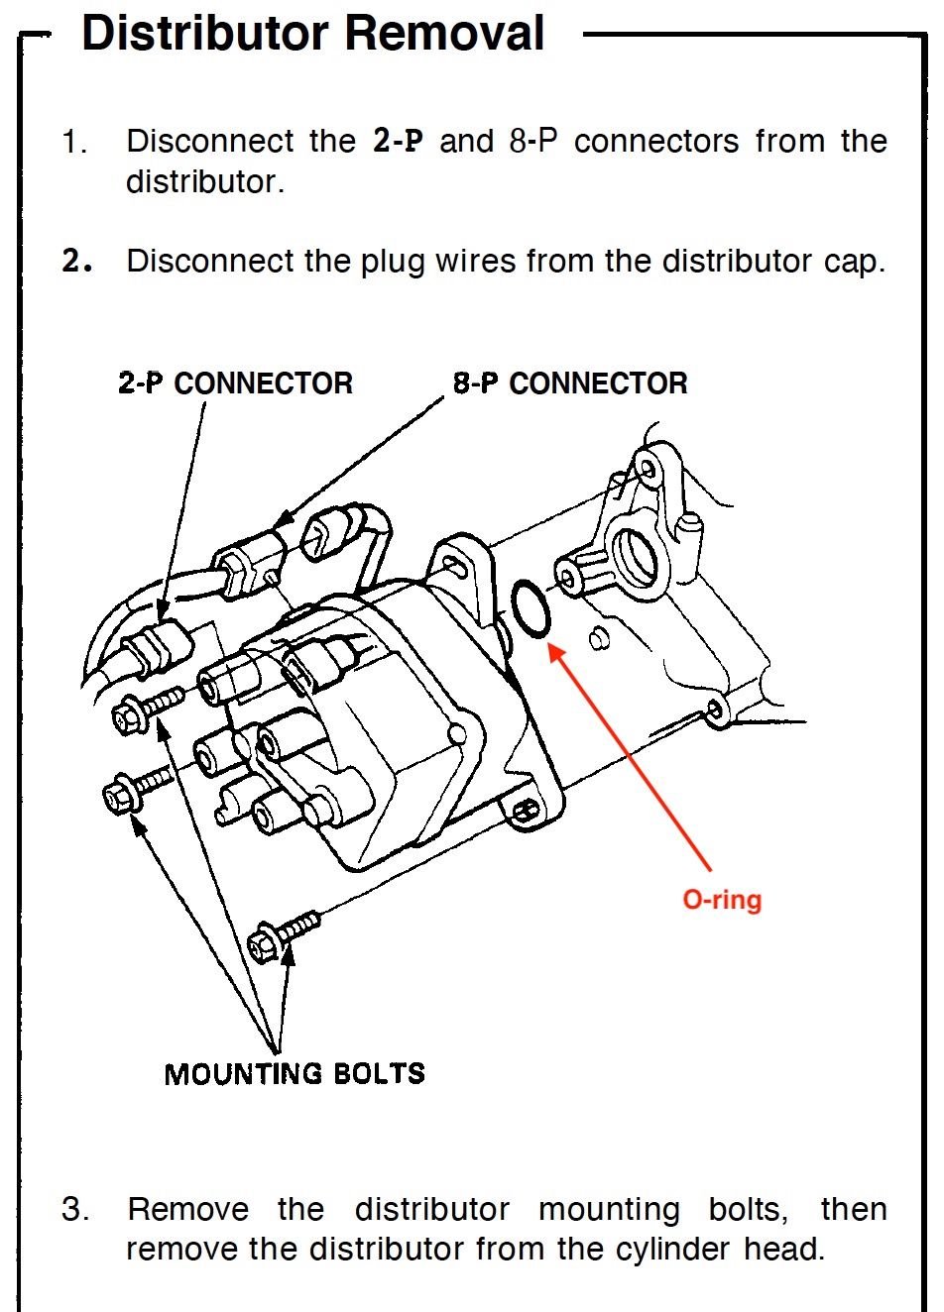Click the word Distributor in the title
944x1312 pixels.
(x=205, y=34)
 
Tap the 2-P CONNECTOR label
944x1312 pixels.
(x=235, y=383)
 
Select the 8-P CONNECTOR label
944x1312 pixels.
(x=570, y=383)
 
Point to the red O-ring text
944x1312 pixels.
(x=722, y=900)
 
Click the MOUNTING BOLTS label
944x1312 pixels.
(x=295, y=1074)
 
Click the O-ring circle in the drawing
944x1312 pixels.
(x=531, y=610)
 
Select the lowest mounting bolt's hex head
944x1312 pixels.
(x=265, y=941)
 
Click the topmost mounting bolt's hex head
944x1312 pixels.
(x=130, y=715)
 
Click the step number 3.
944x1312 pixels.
(x=75, y=1210)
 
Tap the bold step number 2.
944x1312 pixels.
(x=75, y=262)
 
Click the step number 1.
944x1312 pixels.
(x=75, y=143)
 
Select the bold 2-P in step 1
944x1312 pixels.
(x=398, y=142)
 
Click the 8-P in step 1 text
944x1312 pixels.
(x=533, y=142)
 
